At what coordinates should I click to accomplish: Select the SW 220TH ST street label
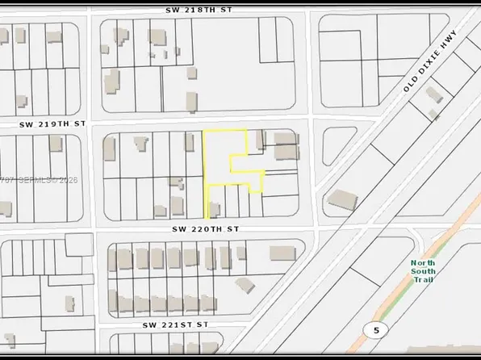(206, 229)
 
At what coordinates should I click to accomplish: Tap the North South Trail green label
(422, 270)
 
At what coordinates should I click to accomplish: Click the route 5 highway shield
(372, 329)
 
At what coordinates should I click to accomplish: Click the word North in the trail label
(422, 262)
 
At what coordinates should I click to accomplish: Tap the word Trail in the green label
(423, 279)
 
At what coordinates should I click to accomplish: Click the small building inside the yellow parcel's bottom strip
(215, 211)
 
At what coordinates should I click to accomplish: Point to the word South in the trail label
(423, 270)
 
